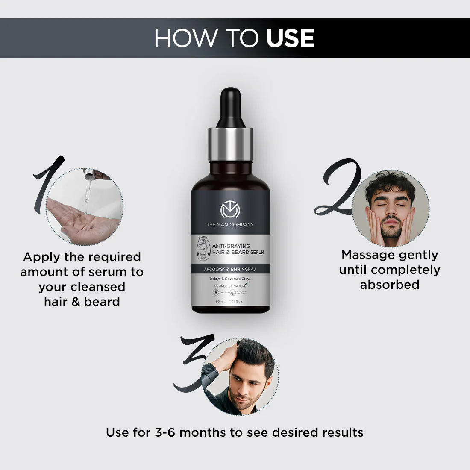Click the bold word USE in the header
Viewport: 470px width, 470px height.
tap(291, 38)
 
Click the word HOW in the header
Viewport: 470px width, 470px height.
tap(185, 38)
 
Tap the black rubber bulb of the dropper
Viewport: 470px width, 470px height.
tap(230, 107)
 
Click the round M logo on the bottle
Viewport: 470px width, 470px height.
tap(230, 210)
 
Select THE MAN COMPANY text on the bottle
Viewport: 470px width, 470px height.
tap(230, 225)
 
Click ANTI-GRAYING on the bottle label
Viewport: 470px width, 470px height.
tap(231, 246)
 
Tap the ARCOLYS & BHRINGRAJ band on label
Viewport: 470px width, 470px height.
tap(230, 269)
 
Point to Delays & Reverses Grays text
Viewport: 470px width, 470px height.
tap(230, 279)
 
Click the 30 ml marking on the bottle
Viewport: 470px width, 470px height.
tap(220, 302)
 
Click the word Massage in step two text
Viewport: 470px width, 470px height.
tap(367, 255)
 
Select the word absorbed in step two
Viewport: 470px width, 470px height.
tap(390, 285)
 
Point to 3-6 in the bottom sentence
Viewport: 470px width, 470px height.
tap(165, 432)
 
